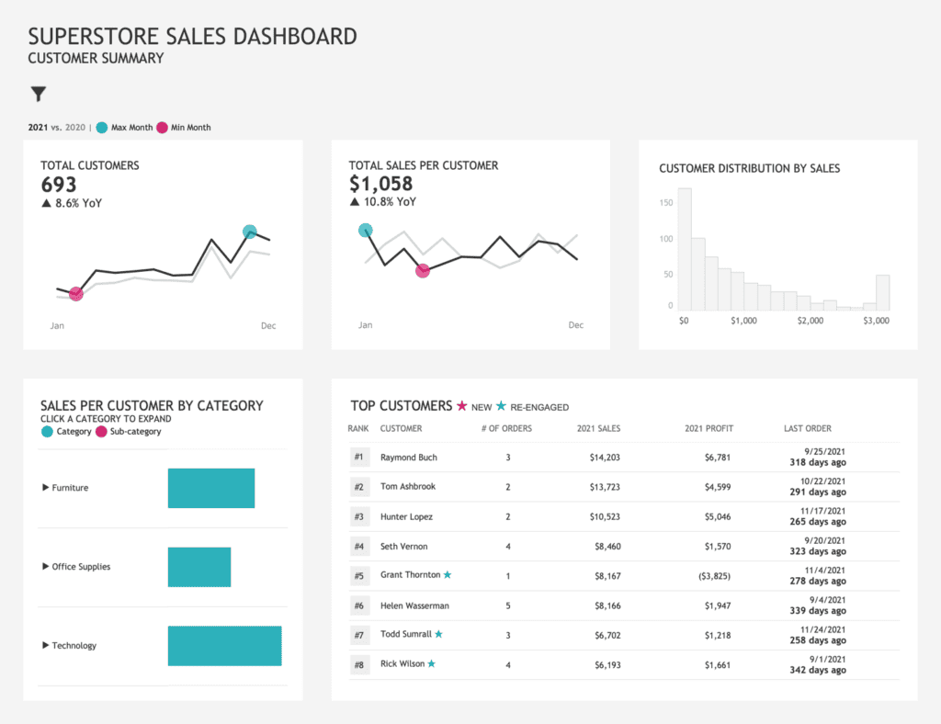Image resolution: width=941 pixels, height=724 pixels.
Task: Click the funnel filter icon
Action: [38, 94]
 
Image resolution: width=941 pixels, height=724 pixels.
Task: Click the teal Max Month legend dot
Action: [102, 128]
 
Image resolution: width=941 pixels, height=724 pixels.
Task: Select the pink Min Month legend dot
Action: [163, 128]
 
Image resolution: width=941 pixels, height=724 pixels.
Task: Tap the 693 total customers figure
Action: [59, 185]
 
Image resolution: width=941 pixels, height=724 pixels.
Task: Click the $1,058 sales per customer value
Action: [380, 184]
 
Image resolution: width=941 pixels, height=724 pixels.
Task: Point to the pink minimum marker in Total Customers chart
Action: [76, 294]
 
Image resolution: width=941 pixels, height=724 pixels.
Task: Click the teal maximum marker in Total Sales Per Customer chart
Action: [366, 231]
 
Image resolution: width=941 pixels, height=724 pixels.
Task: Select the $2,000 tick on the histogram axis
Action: [810, 322]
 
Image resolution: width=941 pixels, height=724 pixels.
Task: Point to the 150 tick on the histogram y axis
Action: [667, 202]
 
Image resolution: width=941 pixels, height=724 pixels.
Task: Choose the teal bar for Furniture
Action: [210, 488]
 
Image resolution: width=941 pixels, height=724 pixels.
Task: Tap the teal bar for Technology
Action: [224, 646]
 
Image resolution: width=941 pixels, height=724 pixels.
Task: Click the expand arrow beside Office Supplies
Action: [46, 567]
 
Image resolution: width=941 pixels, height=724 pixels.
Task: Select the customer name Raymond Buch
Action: [409, 458]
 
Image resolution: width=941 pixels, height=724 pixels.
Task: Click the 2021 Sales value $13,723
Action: [603, 487]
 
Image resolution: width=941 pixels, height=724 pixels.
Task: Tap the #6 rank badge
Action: [359, 606]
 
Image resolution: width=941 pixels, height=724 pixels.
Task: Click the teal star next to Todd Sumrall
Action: [439, 634]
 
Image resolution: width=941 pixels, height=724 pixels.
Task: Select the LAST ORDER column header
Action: [807, 429]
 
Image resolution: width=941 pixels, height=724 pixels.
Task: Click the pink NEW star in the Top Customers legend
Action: [462, 406]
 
